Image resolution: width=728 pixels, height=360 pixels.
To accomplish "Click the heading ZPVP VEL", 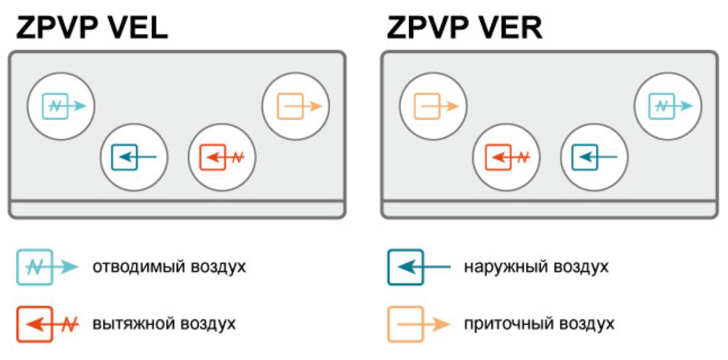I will click(92, 29).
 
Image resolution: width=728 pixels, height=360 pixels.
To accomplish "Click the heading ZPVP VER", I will click(464, 29).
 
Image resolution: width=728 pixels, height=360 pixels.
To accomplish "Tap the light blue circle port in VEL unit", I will click(61, 105).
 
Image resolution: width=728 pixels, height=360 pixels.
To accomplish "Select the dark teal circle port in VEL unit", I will click(134, 157).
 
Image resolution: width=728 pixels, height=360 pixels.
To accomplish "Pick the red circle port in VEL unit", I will click(223, 157).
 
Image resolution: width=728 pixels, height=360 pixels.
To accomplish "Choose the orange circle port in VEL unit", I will click(296, 105).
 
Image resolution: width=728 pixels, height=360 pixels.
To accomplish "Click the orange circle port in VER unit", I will click(433, 105).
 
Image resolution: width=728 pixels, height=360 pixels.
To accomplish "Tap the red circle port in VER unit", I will click(506, 157).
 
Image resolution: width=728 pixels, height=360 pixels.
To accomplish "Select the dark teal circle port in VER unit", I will click(594, 157).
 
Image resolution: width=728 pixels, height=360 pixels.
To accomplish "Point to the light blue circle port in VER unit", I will click(668, 105).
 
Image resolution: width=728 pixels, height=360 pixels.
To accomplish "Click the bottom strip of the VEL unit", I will click(177, 209).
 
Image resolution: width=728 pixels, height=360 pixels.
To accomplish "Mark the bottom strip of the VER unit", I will click(549, 209).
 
